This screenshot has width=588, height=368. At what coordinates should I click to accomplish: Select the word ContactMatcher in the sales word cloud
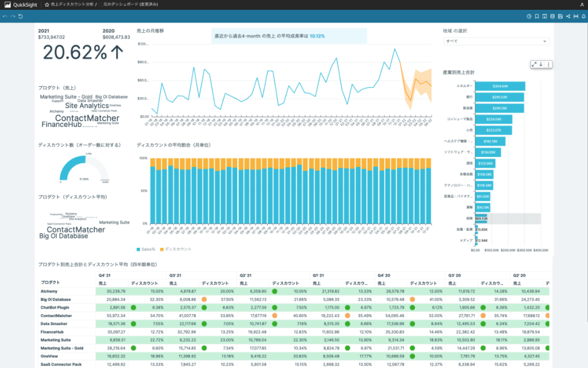click(x=87, y=118)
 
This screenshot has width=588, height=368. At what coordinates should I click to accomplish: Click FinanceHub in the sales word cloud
click(x=61, y=124)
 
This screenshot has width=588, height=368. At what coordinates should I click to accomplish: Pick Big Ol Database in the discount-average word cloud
click(x=64, y=236)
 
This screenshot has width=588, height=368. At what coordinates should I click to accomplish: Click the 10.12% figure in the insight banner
click(x=317, y=36)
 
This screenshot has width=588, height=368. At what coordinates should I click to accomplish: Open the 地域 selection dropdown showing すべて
click(x=497, y=41)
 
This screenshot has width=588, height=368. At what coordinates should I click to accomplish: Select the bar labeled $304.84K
click(x=500, y=86)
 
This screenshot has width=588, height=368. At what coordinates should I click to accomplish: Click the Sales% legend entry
click(x=147, y=249)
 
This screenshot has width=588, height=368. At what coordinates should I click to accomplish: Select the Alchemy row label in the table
click(x=49, y=292)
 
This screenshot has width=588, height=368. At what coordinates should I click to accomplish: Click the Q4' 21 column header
click(x=104, y=275)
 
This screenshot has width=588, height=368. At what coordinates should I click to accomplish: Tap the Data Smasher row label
click(x=53, y=324)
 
